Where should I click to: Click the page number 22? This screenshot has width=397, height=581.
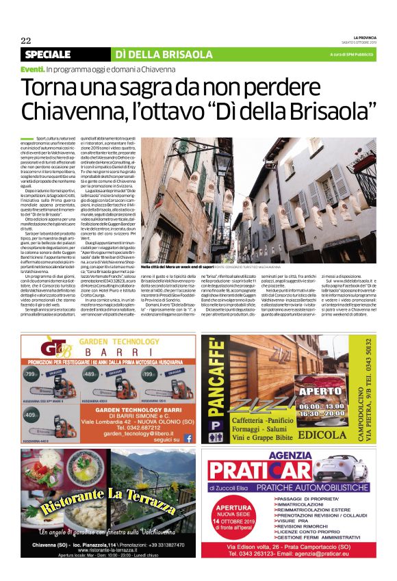tap(25, 40)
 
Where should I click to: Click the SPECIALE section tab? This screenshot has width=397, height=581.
tap(48, 54)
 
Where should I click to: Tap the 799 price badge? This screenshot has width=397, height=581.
tap(30, 374)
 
